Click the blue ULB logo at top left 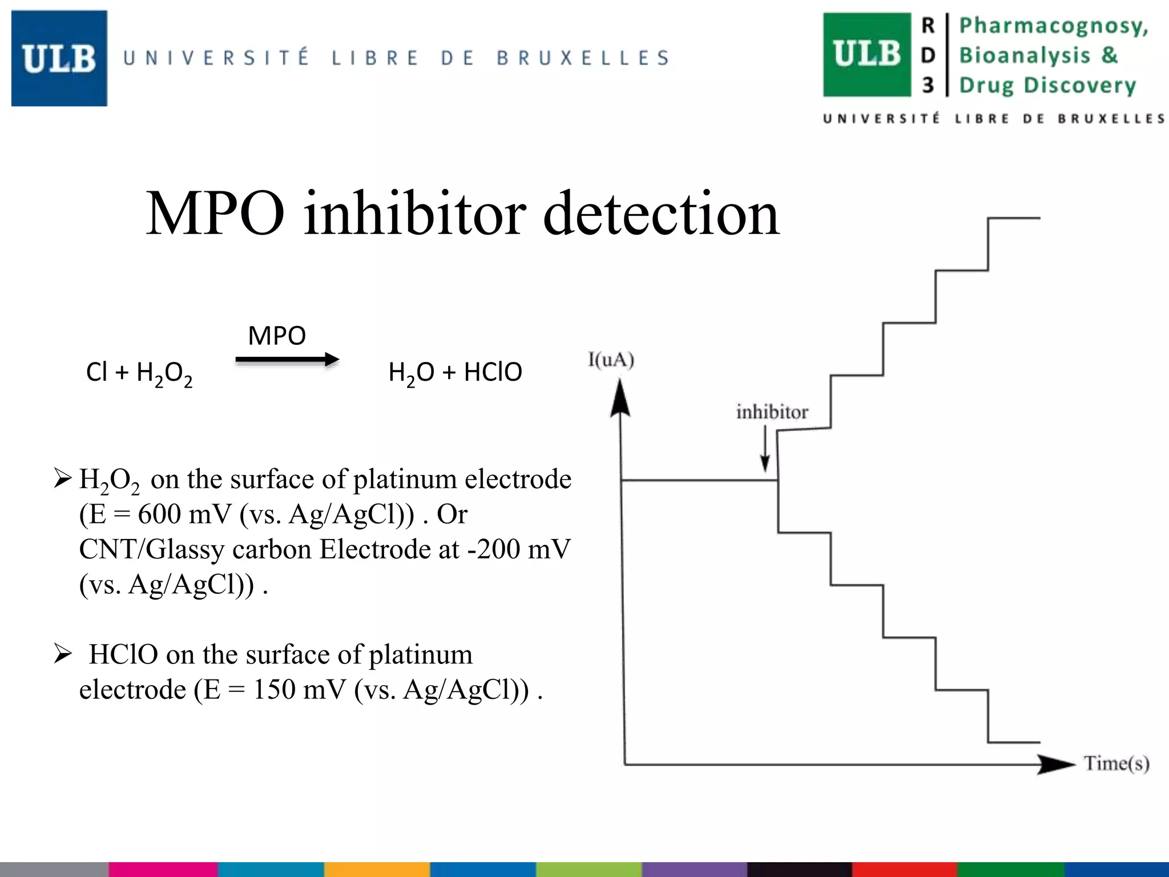click(59, 58)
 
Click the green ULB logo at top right click(866, 55)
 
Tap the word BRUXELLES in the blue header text click(583, 58)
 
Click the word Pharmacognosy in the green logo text click(1053, 26)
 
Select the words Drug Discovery click(1047, 85)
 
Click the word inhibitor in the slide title click(415, 214)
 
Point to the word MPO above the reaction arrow click(277, 336)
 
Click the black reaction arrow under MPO click(287, 360)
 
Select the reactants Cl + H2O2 click(139, 373)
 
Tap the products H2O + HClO click(455, 373)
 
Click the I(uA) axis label click(611, 360)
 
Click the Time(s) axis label click(1116, 763)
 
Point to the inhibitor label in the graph click(772, 412)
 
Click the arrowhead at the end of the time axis click(1056, 764)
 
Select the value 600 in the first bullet click(159, 514)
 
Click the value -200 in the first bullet click(492, 550)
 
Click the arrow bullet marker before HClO click(63, 654)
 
